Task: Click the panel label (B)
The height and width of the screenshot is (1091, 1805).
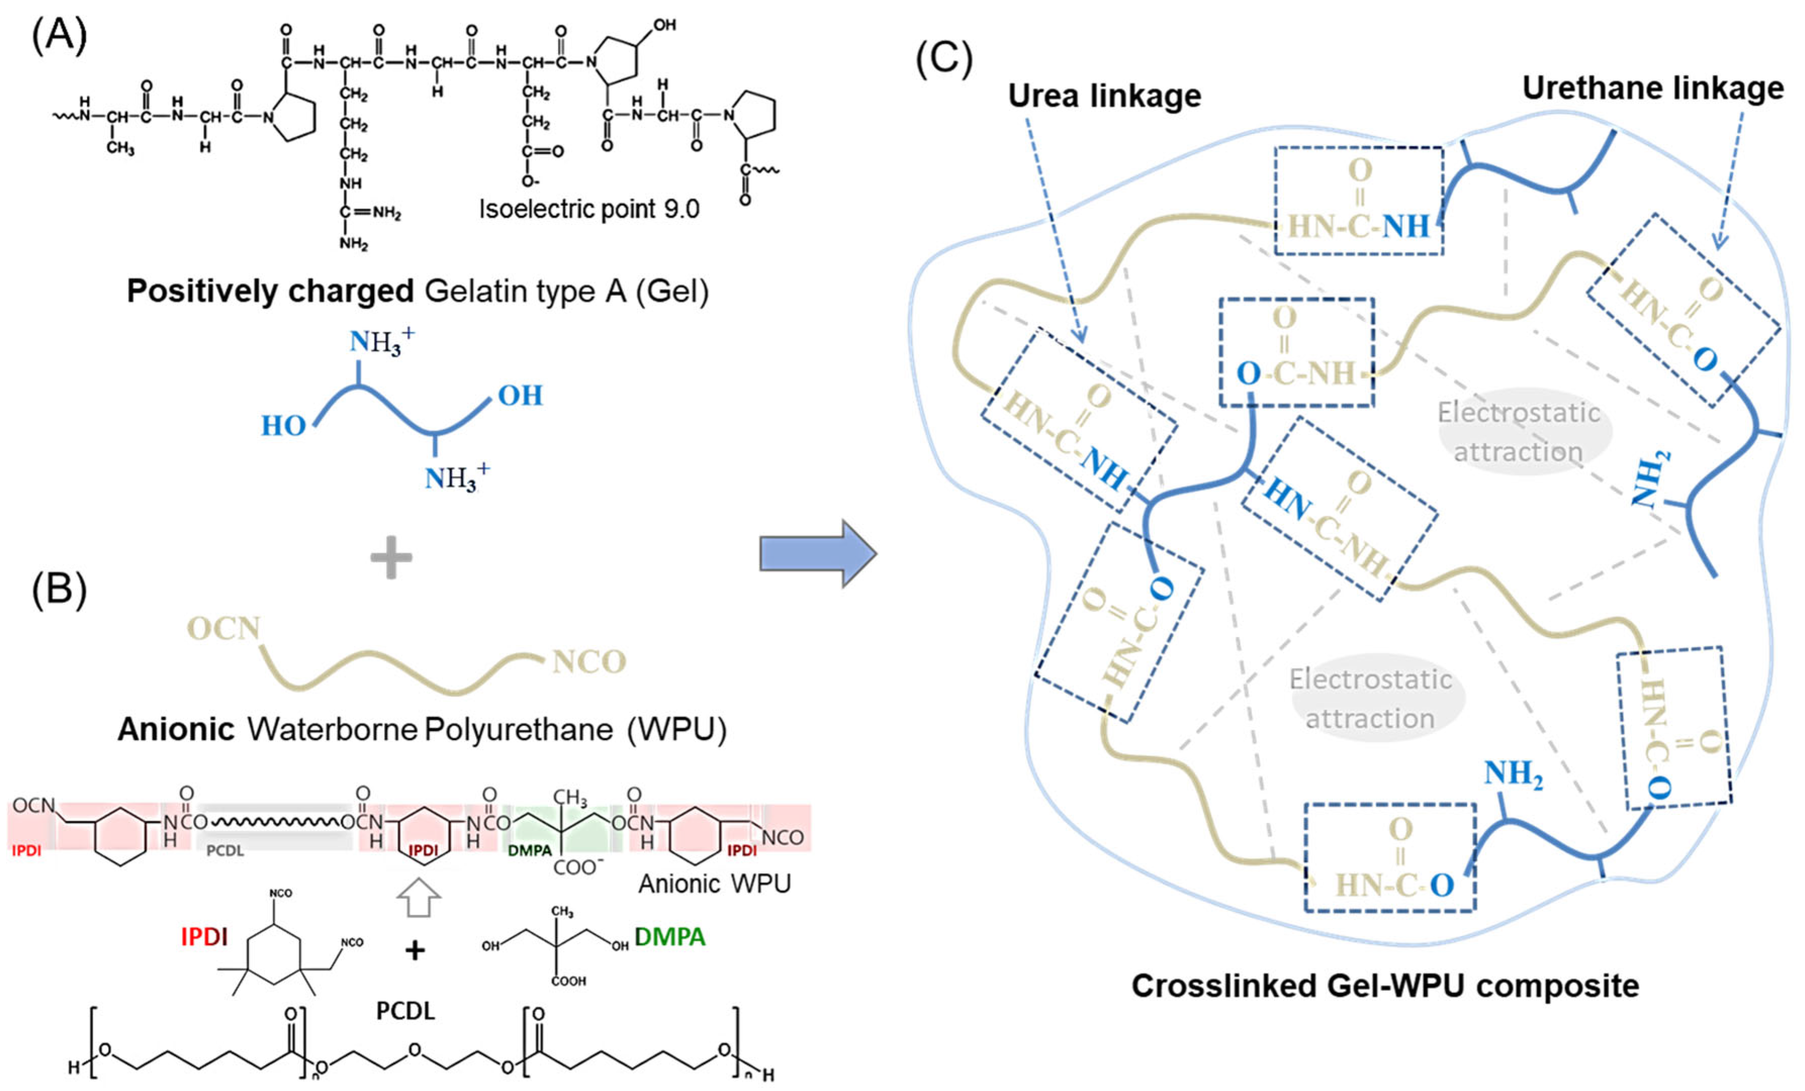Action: [x=59, y=590]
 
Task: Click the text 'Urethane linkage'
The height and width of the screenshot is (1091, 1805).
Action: [x=1653, y=88]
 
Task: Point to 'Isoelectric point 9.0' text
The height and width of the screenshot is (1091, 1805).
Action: [x=589, y=210]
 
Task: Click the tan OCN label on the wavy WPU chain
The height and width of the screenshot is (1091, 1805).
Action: [x=223, y=628]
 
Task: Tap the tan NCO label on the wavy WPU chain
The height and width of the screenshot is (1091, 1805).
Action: [x=589, y=662]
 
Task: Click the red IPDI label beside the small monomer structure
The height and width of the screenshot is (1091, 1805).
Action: [x=204, y=936]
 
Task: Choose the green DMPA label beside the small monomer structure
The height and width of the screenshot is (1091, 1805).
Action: [x=670, y=936]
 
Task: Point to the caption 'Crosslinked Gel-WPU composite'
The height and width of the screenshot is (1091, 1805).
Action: [x=1384, y=985]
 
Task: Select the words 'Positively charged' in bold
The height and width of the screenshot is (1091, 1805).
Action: [x=270, y=291]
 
